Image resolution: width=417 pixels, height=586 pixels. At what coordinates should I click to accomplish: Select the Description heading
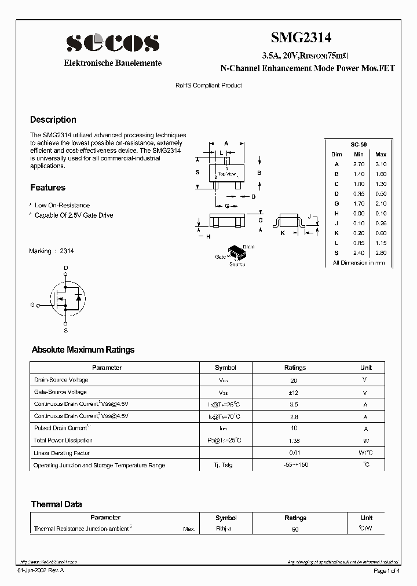[53, 120]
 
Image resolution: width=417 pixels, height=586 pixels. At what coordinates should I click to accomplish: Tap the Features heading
[47, 188]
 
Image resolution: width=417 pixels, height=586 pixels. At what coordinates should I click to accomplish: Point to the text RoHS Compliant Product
[209, 85]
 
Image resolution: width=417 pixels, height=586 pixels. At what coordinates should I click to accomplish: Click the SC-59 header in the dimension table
[359, 144]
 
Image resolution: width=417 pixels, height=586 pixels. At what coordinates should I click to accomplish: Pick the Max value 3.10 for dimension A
[381, 164]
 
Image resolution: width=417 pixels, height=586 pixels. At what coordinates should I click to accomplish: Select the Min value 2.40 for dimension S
[359, 252]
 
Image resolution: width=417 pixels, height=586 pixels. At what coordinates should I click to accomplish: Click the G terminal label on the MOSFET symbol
[32, 304]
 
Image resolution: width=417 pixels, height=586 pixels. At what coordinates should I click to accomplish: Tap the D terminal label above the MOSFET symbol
[65, 268]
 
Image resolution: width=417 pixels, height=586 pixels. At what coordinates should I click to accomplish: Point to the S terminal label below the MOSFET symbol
[65, 331]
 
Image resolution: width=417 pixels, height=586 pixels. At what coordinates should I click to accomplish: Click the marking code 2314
[67, 251]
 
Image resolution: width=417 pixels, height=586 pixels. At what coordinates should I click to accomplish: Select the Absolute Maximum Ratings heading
[83, 350]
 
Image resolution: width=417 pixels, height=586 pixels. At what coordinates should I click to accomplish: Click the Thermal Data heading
[56, 504]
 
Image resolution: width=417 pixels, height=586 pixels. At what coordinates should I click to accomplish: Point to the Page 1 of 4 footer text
[387, 571]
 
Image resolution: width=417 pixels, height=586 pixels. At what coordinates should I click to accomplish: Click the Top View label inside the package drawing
[226, 174]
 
